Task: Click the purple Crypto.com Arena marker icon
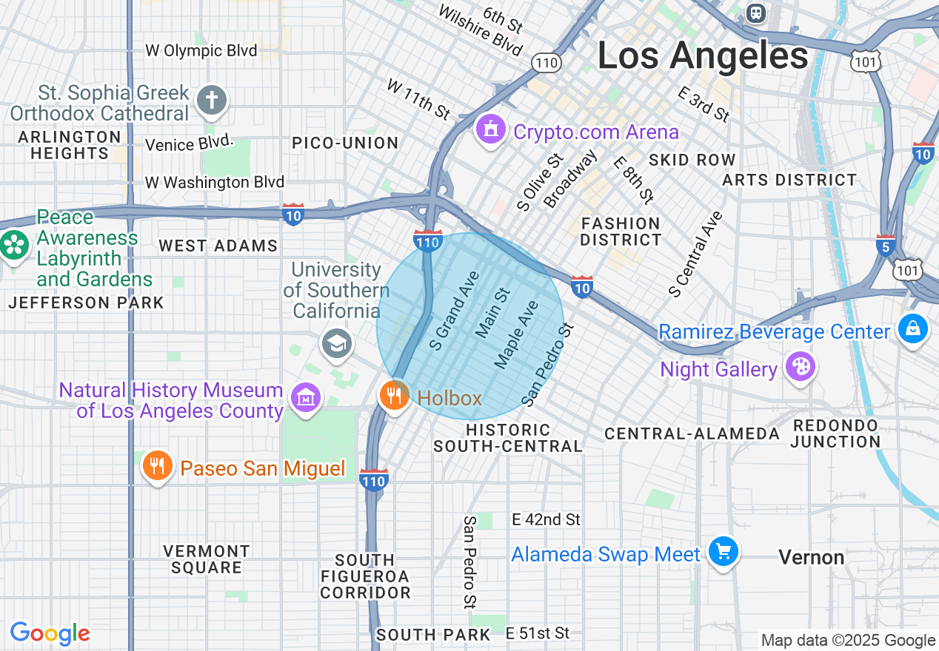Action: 489,131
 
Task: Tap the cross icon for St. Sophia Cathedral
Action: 212,101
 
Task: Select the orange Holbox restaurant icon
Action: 394,395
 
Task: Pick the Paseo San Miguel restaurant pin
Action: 156,466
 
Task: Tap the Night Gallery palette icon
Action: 801,366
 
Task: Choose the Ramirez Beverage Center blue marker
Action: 912,328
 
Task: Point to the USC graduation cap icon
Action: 336,343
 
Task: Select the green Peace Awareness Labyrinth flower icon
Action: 14,245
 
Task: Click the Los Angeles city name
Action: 702,56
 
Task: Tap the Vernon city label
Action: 812,557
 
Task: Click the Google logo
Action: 50,633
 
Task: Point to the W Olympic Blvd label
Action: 201,50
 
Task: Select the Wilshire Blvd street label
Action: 480,30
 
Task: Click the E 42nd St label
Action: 546,520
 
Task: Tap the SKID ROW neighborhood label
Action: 692,160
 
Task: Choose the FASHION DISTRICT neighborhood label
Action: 621,232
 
